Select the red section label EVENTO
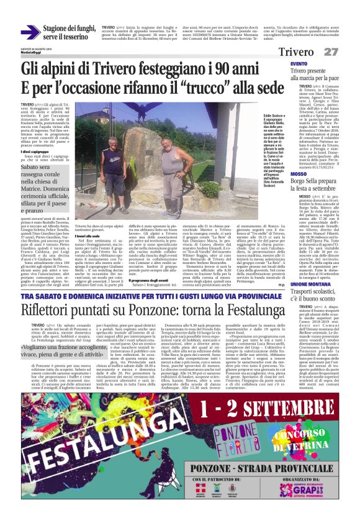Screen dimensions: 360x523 pyautogui.click(x=299, y=65)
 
